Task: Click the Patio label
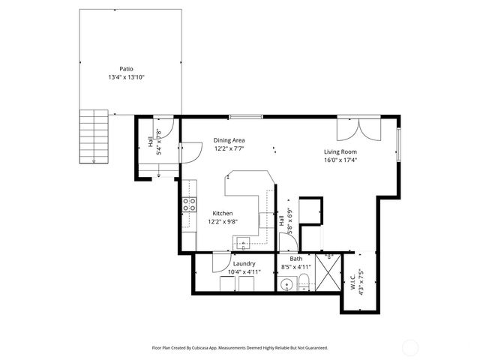coord(130,68)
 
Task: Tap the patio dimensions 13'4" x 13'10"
coord(130,76)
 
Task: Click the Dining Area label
coord(229,140)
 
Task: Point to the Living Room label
coord(340,151)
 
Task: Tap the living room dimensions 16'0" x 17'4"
coord(340,160)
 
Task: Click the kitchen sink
coord(244,242)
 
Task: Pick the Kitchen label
coord(222,213)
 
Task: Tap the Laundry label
coord(244,264)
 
